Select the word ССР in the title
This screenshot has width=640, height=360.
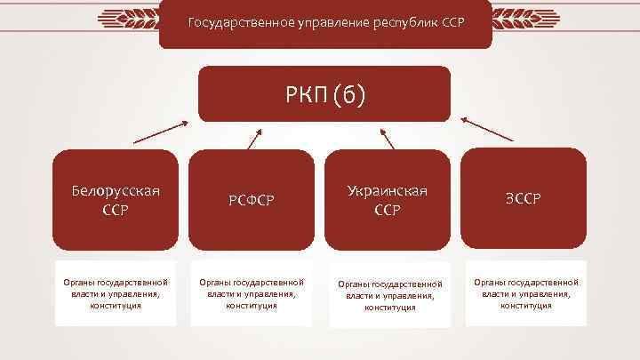click(x=451, y=20)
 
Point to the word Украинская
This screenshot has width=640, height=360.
click(x=388, y=191)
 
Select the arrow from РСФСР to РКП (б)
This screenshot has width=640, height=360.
click(x=253, y=138)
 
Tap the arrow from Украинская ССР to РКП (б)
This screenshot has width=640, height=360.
click(x=387, y=139)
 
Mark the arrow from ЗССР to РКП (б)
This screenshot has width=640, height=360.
click(x=488, y=131)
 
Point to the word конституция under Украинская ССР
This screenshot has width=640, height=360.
click(x=389, y=308)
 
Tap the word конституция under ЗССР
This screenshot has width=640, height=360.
click(x=525, y=306)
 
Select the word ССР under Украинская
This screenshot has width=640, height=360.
click(x=388, y=210)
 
